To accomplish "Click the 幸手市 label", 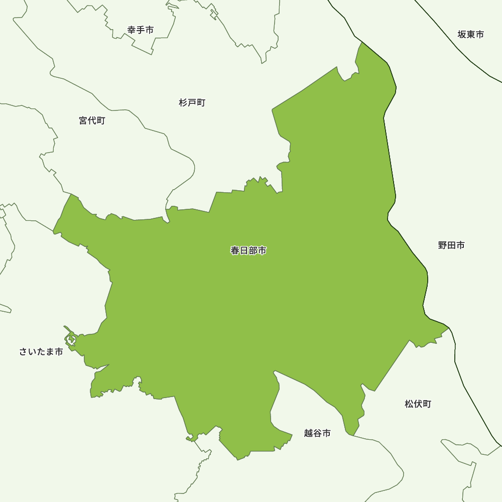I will pos(141,30).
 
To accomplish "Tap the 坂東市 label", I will pos(471,35).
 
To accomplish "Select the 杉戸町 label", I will pos(192,103).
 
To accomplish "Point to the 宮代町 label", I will pos(92,120).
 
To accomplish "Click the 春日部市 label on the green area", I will pos(248,250).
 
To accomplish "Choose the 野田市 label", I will pos(451,245).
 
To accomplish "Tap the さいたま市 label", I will pos(41,352).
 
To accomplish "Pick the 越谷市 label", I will pos(317,433).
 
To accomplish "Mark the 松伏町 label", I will pos(418,404).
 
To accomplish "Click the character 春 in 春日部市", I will pos(235,250).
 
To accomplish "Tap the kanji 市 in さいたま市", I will pos(59,352).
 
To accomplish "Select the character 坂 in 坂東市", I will pos(462,35).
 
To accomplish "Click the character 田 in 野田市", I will pos(451,245).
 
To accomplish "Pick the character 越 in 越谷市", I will pos(308,433).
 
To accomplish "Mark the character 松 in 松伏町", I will pos(409,404).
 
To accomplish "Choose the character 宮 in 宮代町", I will pos(83,120).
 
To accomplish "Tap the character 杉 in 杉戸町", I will pos(183,103).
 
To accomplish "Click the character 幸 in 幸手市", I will pos(132,30).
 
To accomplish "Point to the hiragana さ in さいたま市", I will pos(24,352).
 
